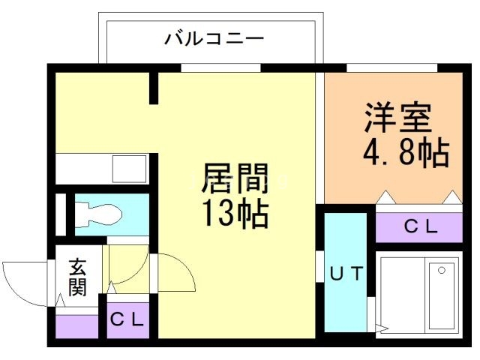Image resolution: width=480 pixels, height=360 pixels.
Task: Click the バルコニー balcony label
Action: [214, 38]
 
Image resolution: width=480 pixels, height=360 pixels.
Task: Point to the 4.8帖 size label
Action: [406, 153]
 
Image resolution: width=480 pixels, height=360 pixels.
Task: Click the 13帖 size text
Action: [234, 215]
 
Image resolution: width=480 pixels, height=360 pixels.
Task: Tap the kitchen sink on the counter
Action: [130, 167]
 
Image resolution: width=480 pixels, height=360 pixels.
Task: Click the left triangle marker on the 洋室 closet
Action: [385, 198]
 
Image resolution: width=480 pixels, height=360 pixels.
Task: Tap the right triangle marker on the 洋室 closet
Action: [452, 198]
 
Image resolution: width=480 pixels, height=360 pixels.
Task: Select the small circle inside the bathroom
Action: [442, 268]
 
